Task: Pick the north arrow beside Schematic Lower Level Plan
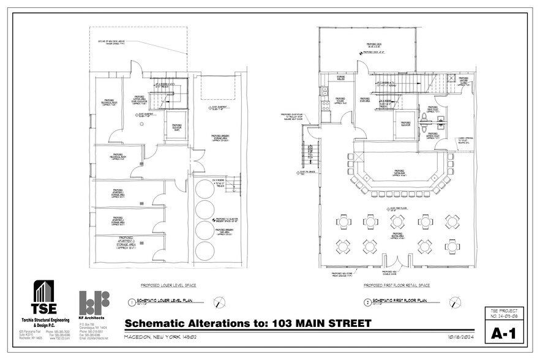point(219,302)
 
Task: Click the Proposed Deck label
point(375,46)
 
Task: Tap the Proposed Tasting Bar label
point(398,172)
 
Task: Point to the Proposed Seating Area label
point(397,234)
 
